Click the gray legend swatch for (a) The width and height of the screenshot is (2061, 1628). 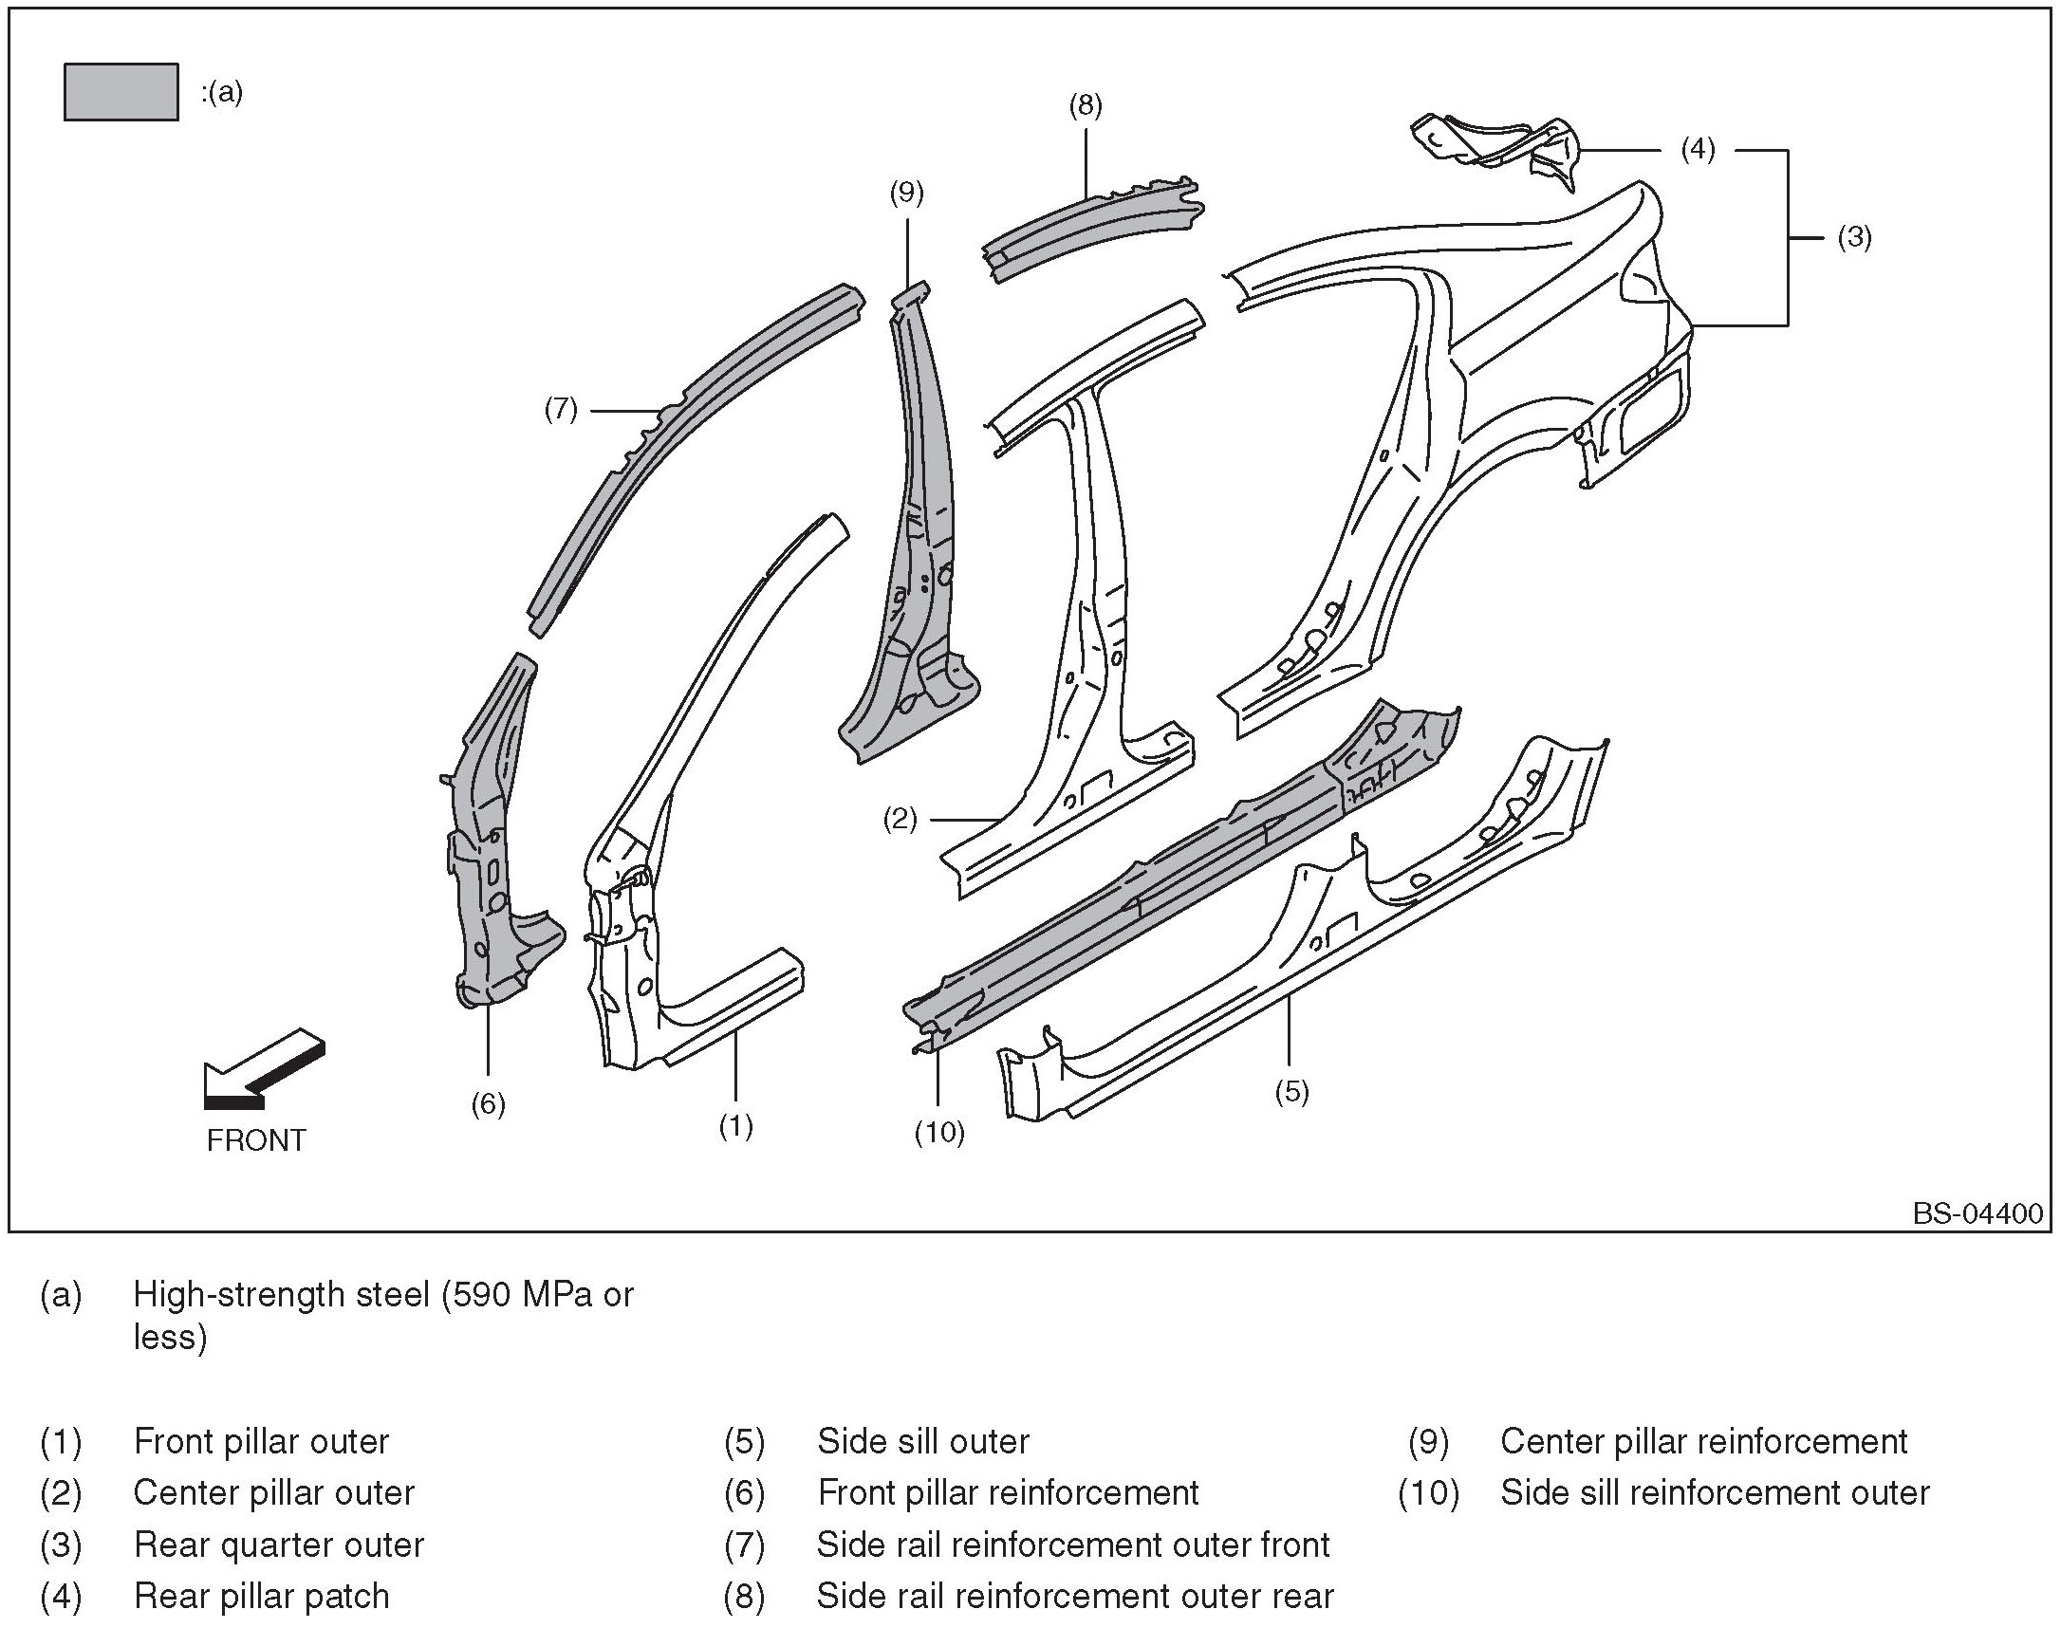coord(121,92)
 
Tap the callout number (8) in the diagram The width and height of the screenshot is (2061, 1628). coord(1086,105)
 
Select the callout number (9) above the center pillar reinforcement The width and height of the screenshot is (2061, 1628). coord(906,193)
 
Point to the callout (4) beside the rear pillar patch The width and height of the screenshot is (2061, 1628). coord(1698,150)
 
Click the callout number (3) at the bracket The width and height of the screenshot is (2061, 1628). coord(1854,237)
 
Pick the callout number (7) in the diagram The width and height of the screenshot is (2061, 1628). coord(561,410)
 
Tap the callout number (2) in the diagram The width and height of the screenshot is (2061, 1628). coord(900,819)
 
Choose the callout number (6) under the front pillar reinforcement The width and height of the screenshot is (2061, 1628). coord(488,1103)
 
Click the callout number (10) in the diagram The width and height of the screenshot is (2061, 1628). coord(940,1133)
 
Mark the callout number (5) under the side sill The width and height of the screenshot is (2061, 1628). coord(1291,1091)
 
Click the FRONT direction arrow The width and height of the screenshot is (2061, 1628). coord(264,1069)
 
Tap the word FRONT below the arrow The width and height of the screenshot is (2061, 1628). coord(256,1141)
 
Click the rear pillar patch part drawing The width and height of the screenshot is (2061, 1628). coord(1494,151)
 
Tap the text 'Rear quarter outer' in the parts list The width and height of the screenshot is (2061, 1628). coord(278,1545)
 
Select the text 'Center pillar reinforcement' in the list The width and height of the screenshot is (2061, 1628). coord(1704,1442)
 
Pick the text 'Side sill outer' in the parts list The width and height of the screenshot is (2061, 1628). coord(922,1442)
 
